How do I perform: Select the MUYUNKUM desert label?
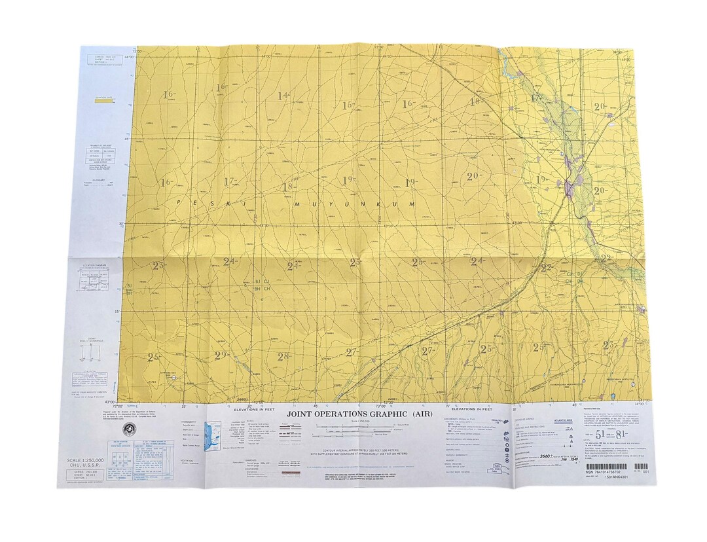click(x=354, y=204)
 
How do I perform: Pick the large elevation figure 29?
click(x=221, y=355)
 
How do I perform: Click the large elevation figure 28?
click(x=283, y=357)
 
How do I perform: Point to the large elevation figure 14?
click(x=283, y=96)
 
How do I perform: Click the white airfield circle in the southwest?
click(x=173, y=378)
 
